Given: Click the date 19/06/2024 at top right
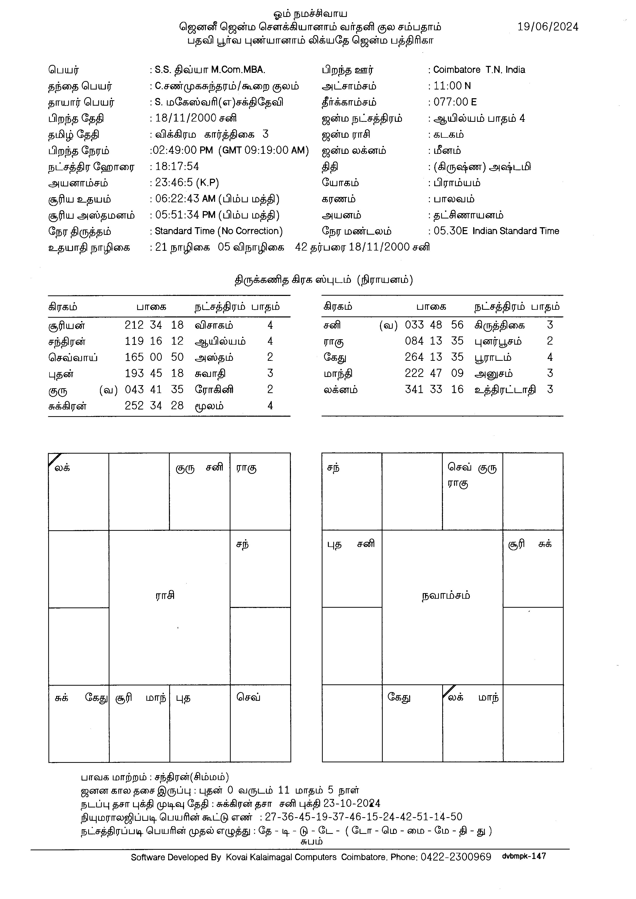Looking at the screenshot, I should (x=548, y=27).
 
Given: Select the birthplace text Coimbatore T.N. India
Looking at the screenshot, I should (x=479, y=70).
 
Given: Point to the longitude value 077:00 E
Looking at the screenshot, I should (x=455, y=102).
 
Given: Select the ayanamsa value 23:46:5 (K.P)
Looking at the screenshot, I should (x=187, y=183).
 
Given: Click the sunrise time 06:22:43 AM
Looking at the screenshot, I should (x=185, y=199).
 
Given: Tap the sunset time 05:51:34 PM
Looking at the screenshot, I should (x=185, y=215).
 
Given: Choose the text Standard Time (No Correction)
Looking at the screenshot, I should (x=218, y=231).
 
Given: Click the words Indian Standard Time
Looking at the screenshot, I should (x=516, y=231).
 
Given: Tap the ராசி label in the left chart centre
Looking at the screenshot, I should (x=165, y=596).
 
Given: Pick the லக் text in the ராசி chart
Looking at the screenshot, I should (x=62, y=467).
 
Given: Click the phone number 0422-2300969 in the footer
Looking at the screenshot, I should (x=456, y=857).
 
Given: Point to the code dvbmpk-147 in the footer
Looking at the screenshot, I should (x=524, y=856).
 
